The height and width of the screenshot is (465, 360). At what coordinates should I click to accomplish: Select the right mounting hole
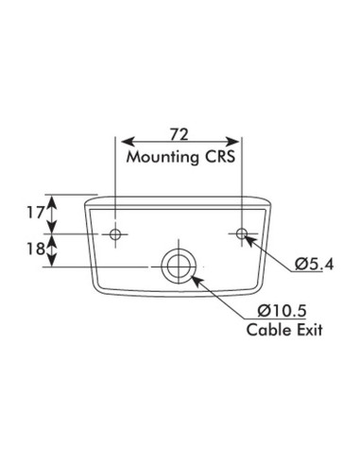[243, 232]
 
